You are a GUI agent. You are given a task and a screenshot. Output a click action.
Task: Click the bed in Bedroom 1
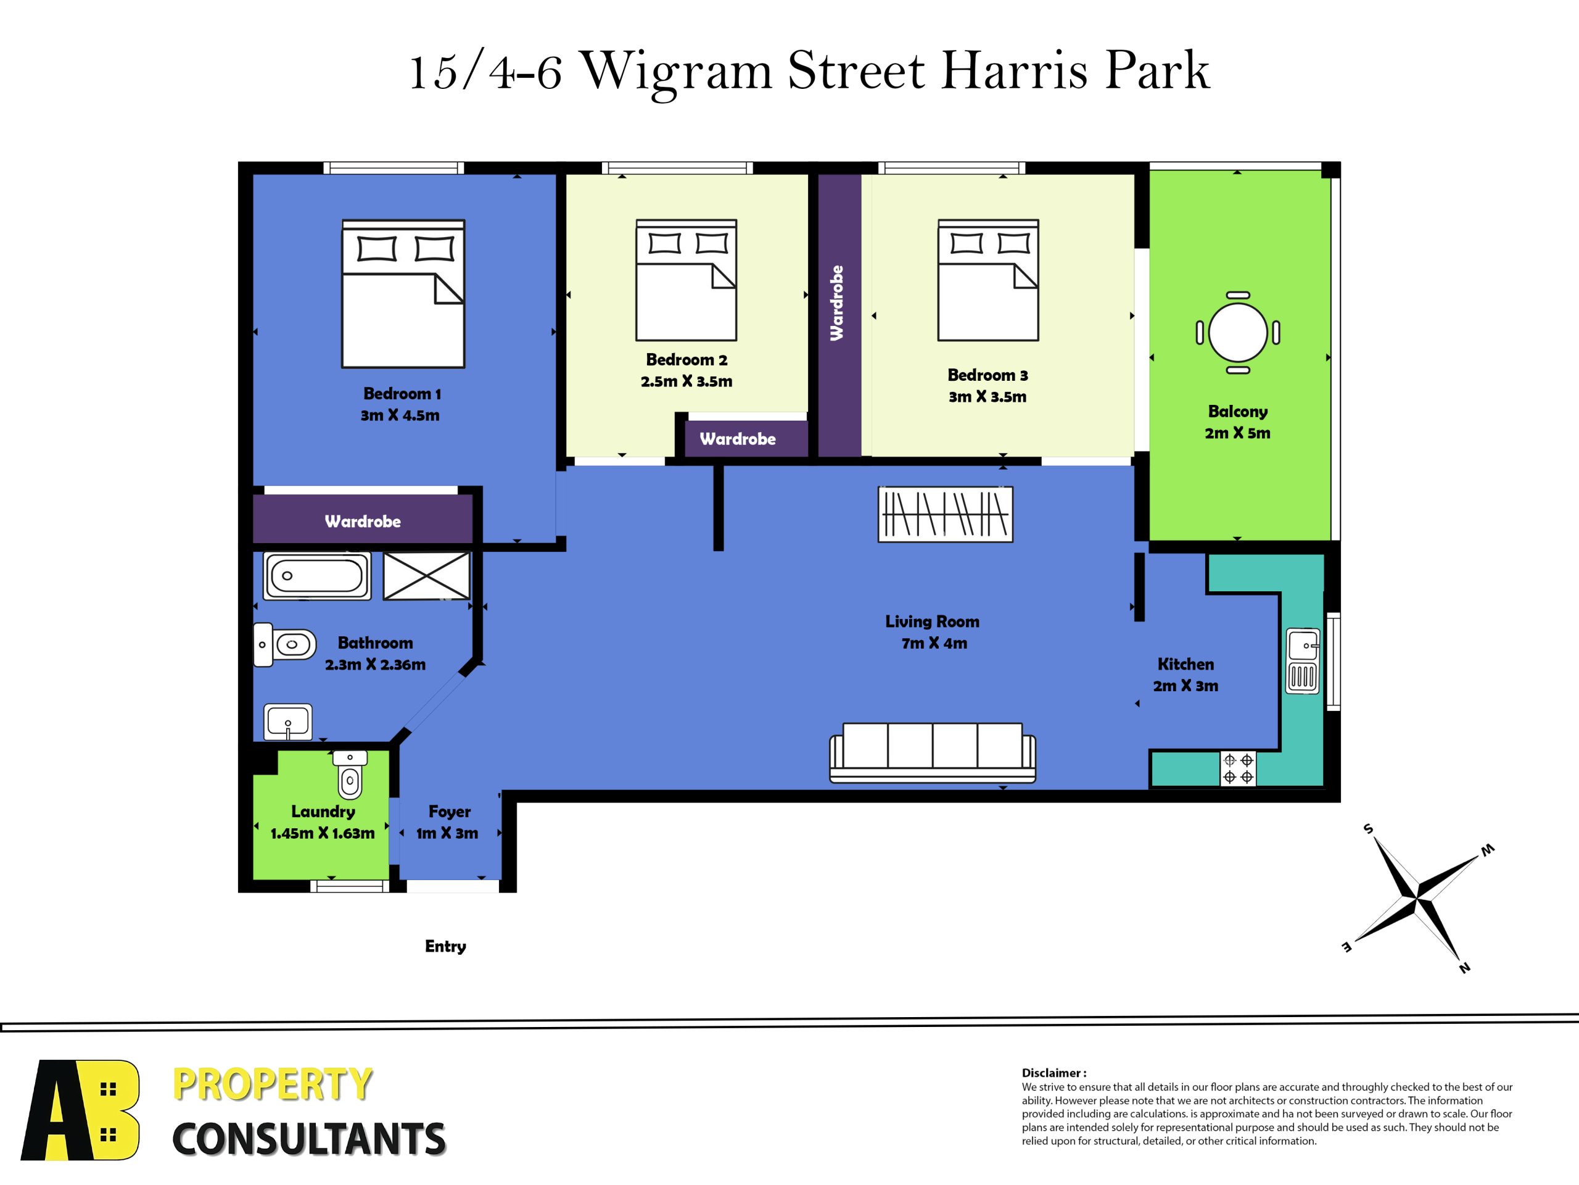[403, 294]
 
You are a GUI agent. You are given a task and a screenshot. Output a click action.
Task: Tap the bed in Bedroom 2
[686, 280]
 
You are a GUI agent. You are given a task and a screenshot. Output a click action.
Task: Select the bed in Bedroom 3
[988, 280]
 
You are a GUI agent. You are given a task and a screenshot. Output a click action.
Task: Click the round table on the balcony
[1238, 333]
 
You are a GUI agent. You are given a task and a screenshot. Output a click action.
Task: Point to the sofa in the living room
[932, 753]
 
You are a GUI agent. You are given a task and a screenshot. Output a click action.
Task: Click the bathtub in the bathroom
[317, 576]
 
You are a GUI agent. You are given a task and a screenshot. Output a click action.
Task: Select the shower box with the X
[427, 576]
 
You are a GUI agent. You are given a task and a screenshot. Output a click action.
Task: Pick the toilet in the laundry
[350, 773]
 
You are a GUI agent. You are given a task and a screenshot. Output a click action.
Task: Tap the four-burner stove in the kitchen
[1238, 768]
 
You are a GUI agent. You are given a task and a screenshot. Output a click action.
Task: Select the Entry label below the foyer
[445, 946]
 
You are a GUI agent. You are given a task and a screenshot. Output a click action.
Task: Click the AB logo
[81, 1110]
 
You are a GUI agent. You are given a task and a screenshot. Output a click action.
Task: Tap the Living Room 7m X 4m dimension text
[934, 643]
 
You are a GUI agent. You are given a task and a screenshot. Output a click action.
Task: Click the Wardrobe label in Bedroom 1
[363, 522]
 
